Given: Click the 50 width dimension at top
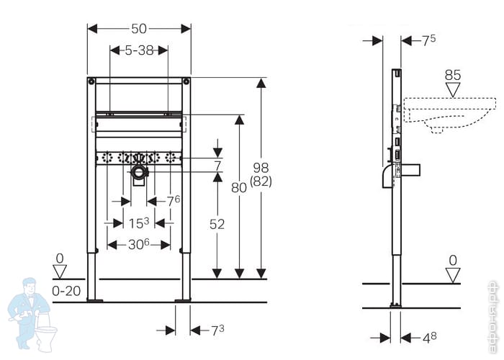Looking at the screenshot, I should (x=139, y=28).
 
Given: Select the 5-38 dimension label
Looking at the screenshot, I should (x=139, y=50).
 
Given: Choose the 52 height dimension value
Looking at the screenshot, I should (x=216, y=225).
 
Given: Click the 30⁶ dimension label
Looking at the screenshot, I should (x=139, y=245).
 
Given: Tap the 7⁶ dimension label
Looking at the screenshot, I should (x=173, y=201).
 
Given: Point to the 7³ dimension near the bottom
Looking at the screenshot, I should (x=217, y=330).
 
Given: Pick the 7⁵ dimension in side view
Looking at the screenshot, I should (x=428, y=40).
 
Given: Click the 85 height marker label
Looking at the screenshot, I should (x=453, y=74).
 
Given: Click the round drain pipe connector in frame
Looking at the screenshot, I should (x=139, y=172).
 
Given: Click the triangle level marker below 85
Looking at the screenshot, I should (x=453, y=90).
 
